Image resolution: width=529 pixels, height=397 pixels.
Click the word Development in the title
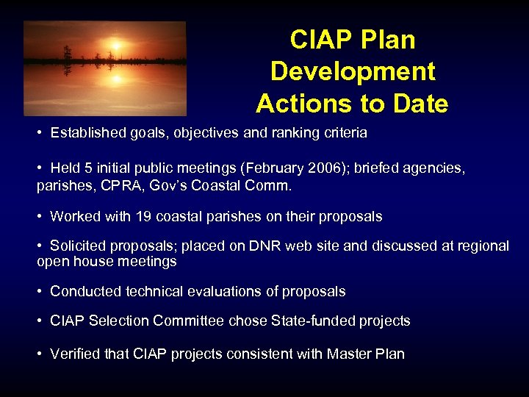pos(353,71)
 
